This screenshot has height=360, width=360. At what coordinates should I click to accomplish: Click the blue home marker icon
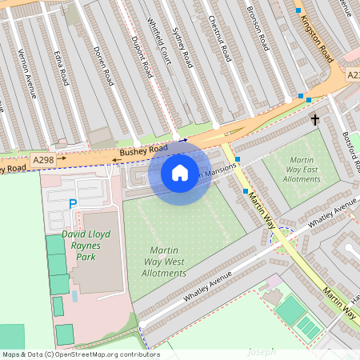click(x=180, y=172)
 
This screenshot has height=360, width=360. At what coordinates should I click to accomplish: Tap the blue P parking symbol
click(x=73, y=206)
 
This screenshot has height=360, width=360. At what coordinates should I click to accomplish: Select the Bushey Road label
click(x=144, y=150)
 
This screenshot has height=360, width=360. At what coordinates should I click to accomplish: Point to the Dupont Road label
click(x=142, y=56)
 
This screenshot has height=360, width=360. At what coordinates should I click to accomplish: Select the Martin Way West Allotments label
click(x=165, y=262)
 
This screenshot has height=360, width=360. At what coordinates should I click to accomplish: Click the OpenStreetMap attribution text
click(x=80, y=354)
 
